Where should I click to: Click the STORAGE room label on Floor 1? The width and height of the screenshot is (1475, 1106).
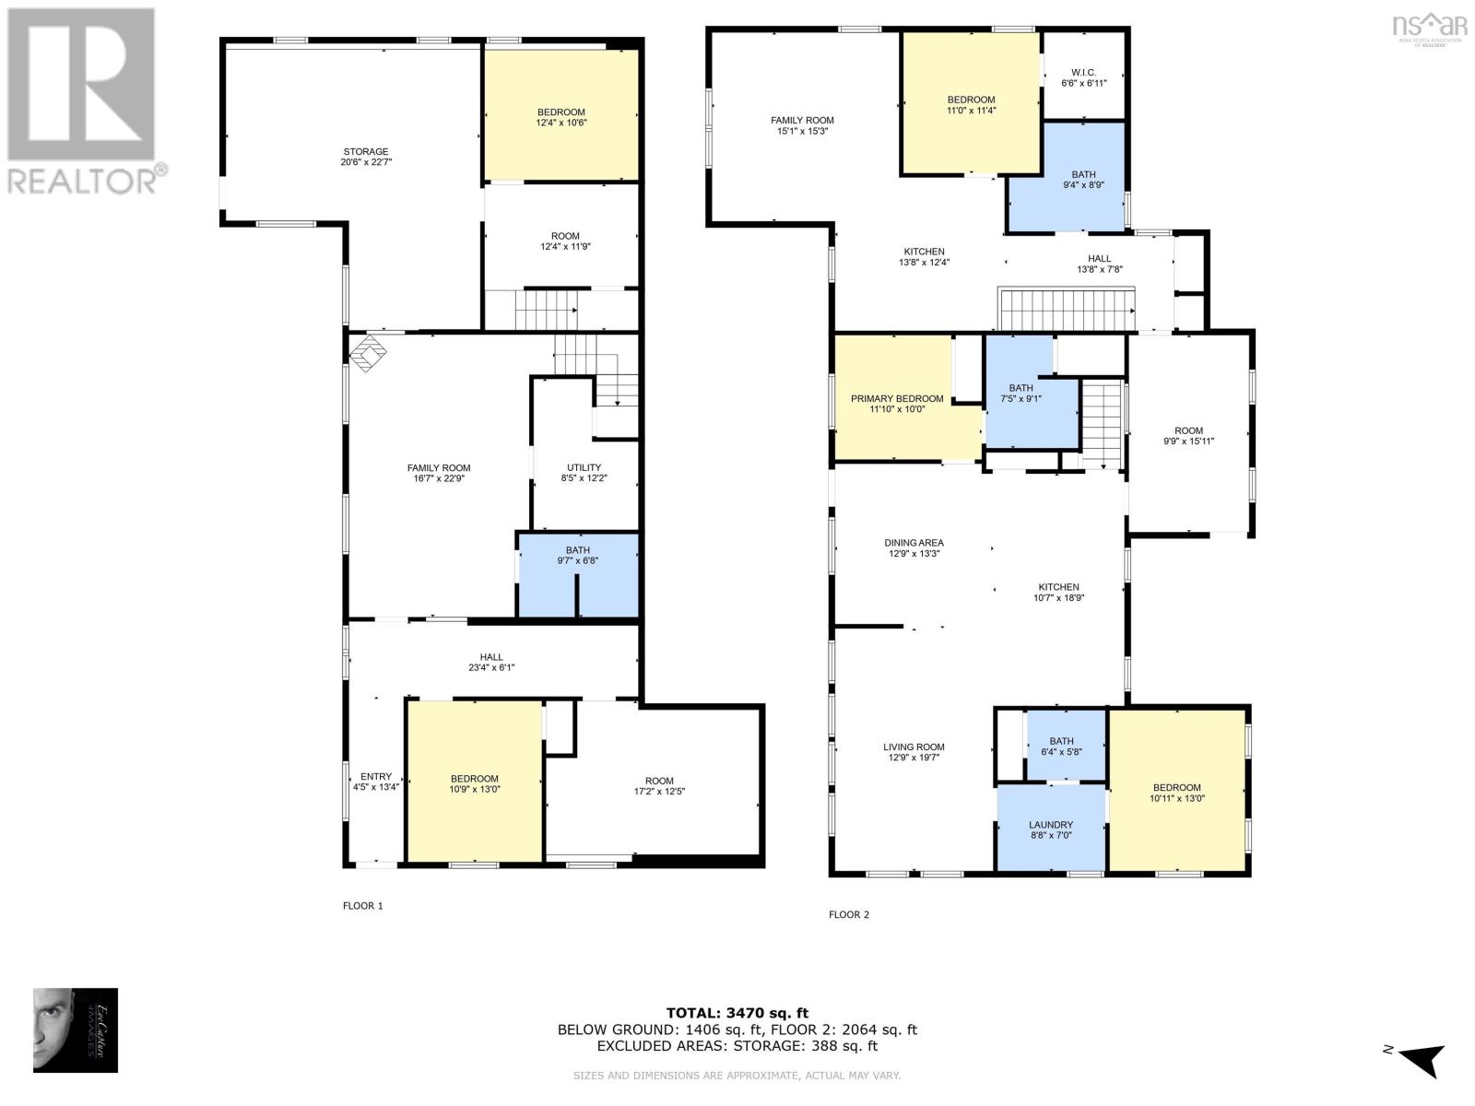366,157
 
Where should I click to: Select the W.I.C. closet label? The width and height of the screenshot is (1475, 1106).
1083,77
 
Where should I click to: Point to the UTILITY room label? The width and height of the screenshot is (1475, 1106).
584,473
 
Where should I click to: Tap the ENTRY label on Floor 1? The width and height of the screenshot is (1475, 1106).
376,782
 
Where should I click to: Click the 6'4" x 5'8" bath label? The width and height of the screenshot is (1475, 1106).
1061,746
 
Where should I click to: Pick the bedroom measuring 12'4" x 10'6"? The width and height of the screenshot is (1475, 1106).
561,117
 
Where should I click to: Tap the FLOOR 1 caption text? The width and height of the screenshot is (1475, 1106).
362,906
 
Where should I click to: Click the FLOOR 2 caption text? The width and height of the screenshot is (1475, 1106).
848,915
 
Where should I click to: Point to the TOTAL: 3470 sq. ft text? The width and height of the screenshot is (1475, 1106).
737,1013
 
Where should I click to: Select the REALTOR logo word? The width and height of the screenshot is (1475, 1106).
88,180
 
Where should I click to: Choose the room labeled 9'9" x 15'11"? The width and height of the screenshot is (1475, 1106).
1188,436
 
